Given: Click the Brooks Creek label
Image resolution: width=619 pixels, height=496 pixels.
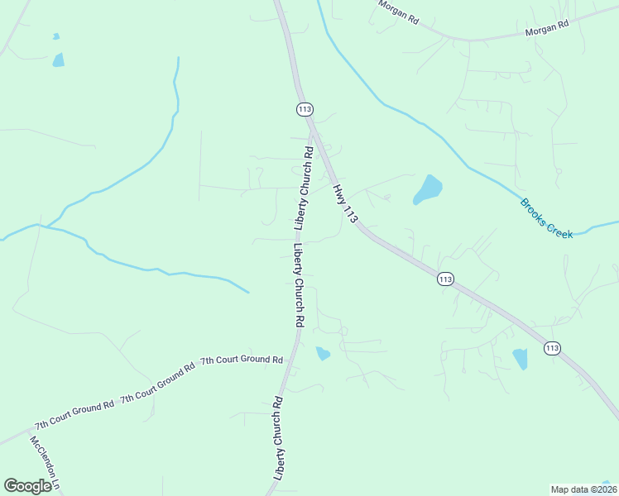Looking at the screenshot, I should coord(546,219).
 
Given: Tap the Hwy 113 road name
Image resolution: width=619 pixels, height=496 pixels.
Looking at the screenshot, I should coord(345,203).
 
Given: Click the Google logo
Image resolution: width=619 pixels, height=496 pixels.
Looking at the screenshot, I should coord(27,486).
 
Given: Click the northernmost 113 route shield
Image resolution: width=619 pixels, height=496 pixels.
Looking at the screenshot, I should coord(305,109).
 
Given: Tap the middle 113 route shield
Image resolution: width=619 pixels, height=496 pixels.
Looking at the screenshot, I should coord(445,279).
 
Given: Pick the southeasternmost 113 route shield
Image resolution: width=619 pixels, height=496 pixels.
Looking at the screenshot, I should coord(552,349).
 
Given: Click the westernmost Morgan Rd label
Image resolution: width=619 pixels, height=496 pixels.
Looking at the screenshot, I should coord(398,11).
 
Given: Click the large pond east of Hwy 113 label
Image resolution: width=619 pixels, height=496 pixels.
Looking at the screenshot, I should coord(428,189).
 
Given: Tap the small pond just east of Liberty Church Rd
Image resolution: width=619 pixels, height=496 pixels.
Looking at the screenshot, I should coord(323,354).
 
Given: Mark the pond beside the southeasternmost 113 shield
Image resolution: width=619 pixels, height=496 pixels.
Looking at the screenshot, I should coord(520,359).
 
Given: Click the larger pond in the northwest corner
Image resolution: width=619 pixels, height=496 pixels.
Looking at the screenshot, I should coord(58,60).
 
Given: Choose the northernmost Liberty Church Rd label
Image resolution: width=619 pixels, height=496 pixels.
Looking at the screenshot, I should coord(304,187).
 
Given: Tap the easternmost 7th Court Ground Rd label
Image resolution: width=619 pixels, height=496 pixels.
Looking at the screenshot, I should coord(242,360).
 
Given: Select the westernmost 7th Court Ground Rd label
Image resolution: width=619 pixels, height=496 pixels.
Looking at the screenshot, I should coord(74,416).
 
